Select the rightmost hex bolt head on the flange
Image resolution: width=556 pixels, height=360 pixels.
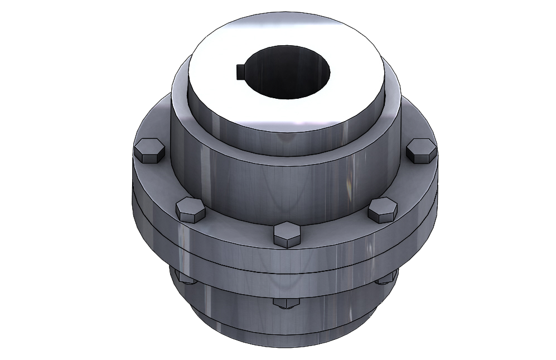tap(421, 150)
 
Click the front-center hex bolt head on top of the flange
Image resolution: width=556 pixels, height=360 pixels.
tap(287, 234)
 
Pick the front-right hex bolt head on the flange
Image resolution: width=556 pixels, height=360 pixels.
tap(383, 210)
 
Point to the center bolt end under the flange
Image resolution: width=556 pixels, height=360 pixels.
tap(287, 302)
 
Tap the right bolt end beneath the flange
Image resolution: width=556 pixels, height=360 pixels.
tap(386, 277)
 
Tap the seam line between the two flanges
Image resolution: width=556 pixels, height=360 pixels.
tap(234, 258)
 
